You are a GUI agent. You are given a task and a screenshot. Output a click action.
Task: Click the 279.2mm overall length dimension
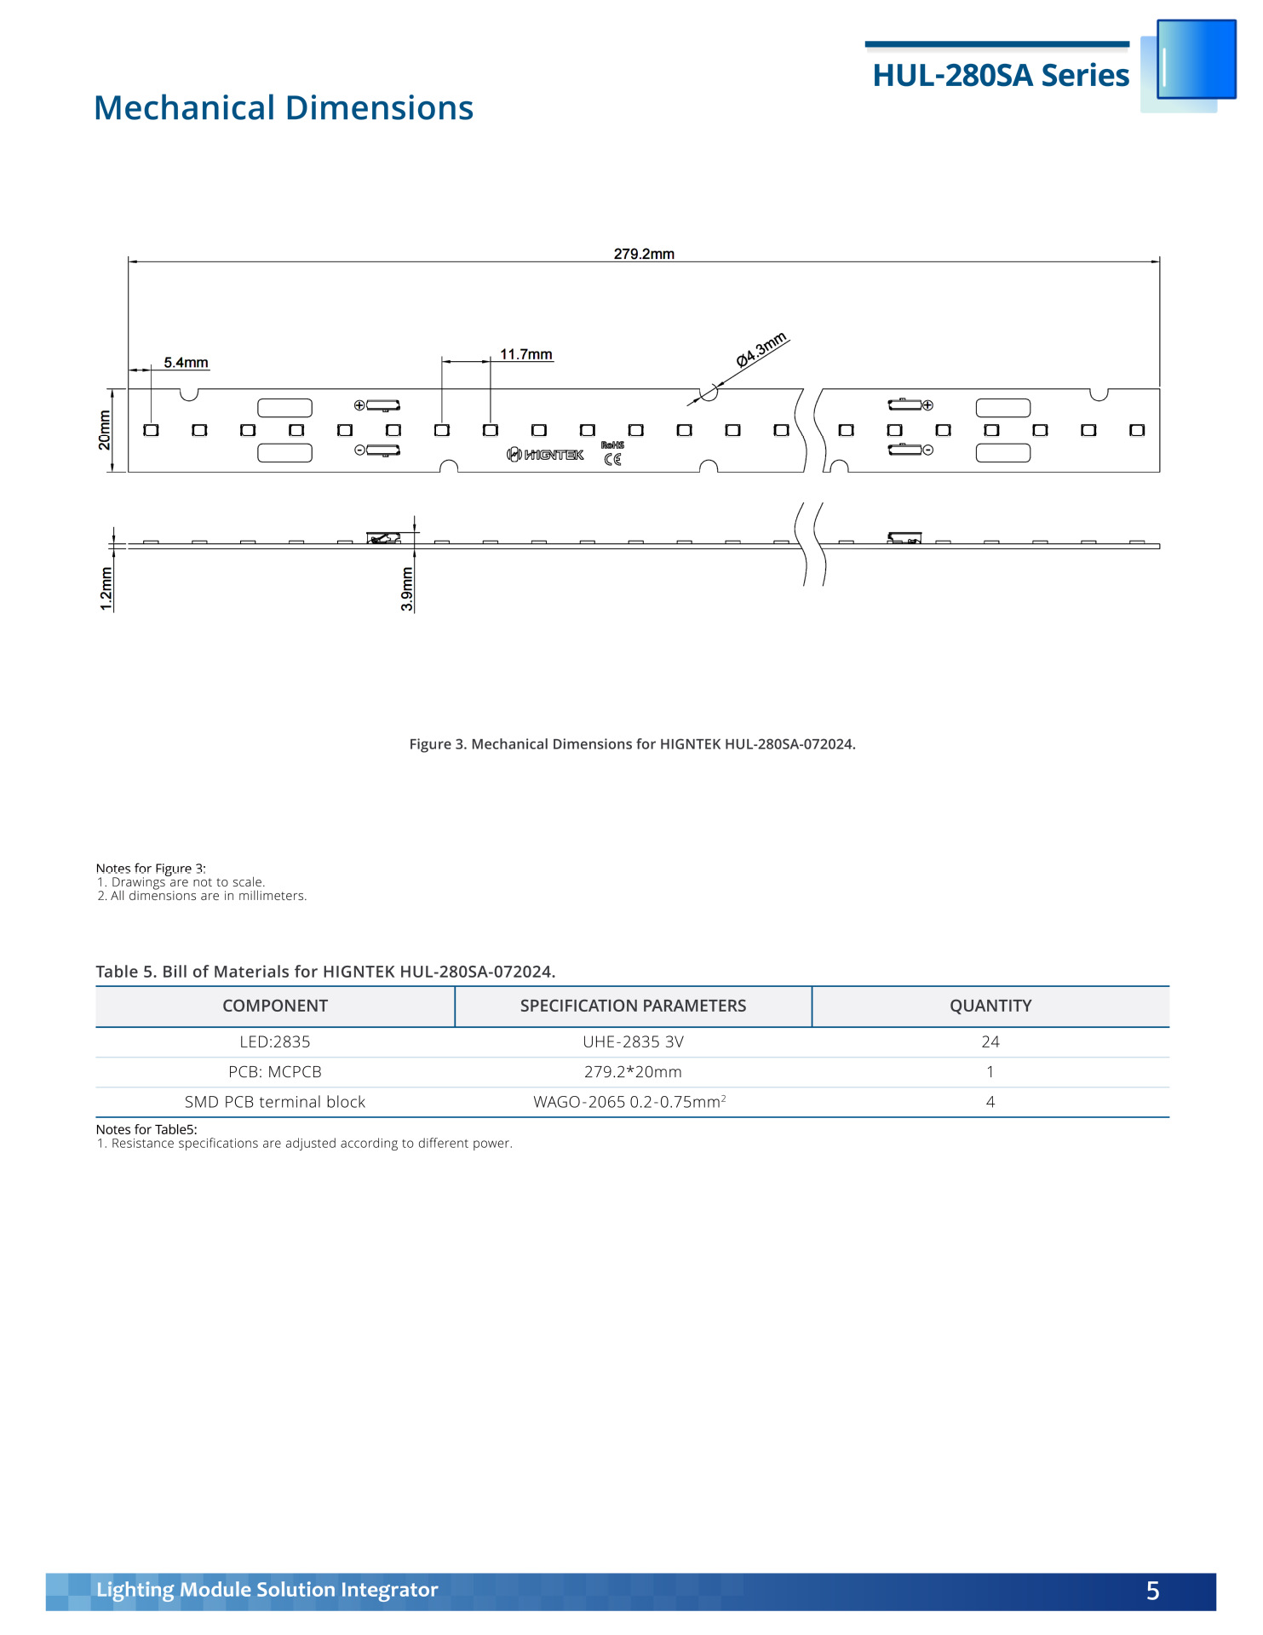pyautogui.click(x=644, y=254)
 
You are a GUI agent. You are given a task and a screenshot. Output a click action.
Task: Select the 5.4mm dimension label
pyautogui.click(x=186, y=363)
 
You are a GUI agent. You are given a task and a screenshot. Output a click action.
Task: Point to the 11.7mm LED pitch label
pyautogui.click(x=525, y=354)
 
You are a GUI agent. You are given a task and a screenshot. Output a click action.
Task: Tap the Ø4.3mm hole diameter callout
pyautogui.click(x=761, y=350)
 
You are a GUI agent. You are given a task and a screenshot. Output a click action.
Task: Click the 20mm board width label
pyautogui.click(x=105, y=430)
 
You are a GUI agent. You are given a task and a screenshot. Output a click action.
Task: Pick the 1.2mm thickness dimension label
pyautogui.click(x=106, y=588)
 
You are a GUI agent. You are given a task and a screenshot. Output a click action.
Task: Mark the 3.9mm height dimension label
pyautogui.click(x=407, y=588)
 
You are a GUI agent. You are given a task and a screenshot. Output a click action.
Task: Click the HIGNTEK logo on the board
pyautogui.click(x=546, y=455)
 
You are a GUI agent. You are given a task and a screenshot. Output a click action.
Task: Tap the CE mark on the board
pyautogui.click(x=612, y=460)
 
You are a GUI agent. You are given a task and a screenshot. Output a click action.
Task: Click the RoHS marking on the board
pyautogui.click(x=612, y=445)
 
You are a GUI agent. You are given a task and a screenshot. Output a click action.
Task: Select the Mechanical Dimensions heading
pyautogui.click(x=284, y=108)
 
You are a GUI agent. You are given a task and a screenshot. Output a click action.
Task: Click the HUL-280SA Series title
pyautogui.click(x=1001, y=76)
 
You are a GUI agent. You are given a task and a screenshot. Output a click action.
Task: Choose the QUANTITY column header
pyautogui.click(x=990, y=1006)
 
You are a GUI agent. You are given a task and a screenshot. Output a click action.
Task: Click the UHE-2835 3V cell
pyautogui.click(x=633, y=1042)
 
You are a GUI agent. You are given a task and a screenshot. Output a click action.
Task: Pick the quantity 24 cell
pyautogui.click(x=990, y=1042)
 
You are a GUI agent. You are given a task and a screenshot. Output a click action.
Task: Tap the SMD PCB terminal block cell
pyautogui.click(x=275, y=1102)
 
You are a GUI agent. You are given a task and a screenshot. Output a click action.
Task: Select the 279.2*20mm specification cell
pyautogui.click(x=633, y=1072)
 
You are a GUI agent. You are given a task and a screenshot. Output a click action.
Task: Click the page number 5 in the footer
pyautogui.click(x=1152, y=1591)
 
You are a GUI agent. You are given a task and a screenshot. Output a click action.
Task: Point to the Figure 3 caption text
pyautogui.click(x=632, y=744)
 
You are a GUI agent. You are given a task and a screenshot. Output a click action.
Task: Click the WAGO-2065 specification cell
pyautogui.click(x=629, y=1102)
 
